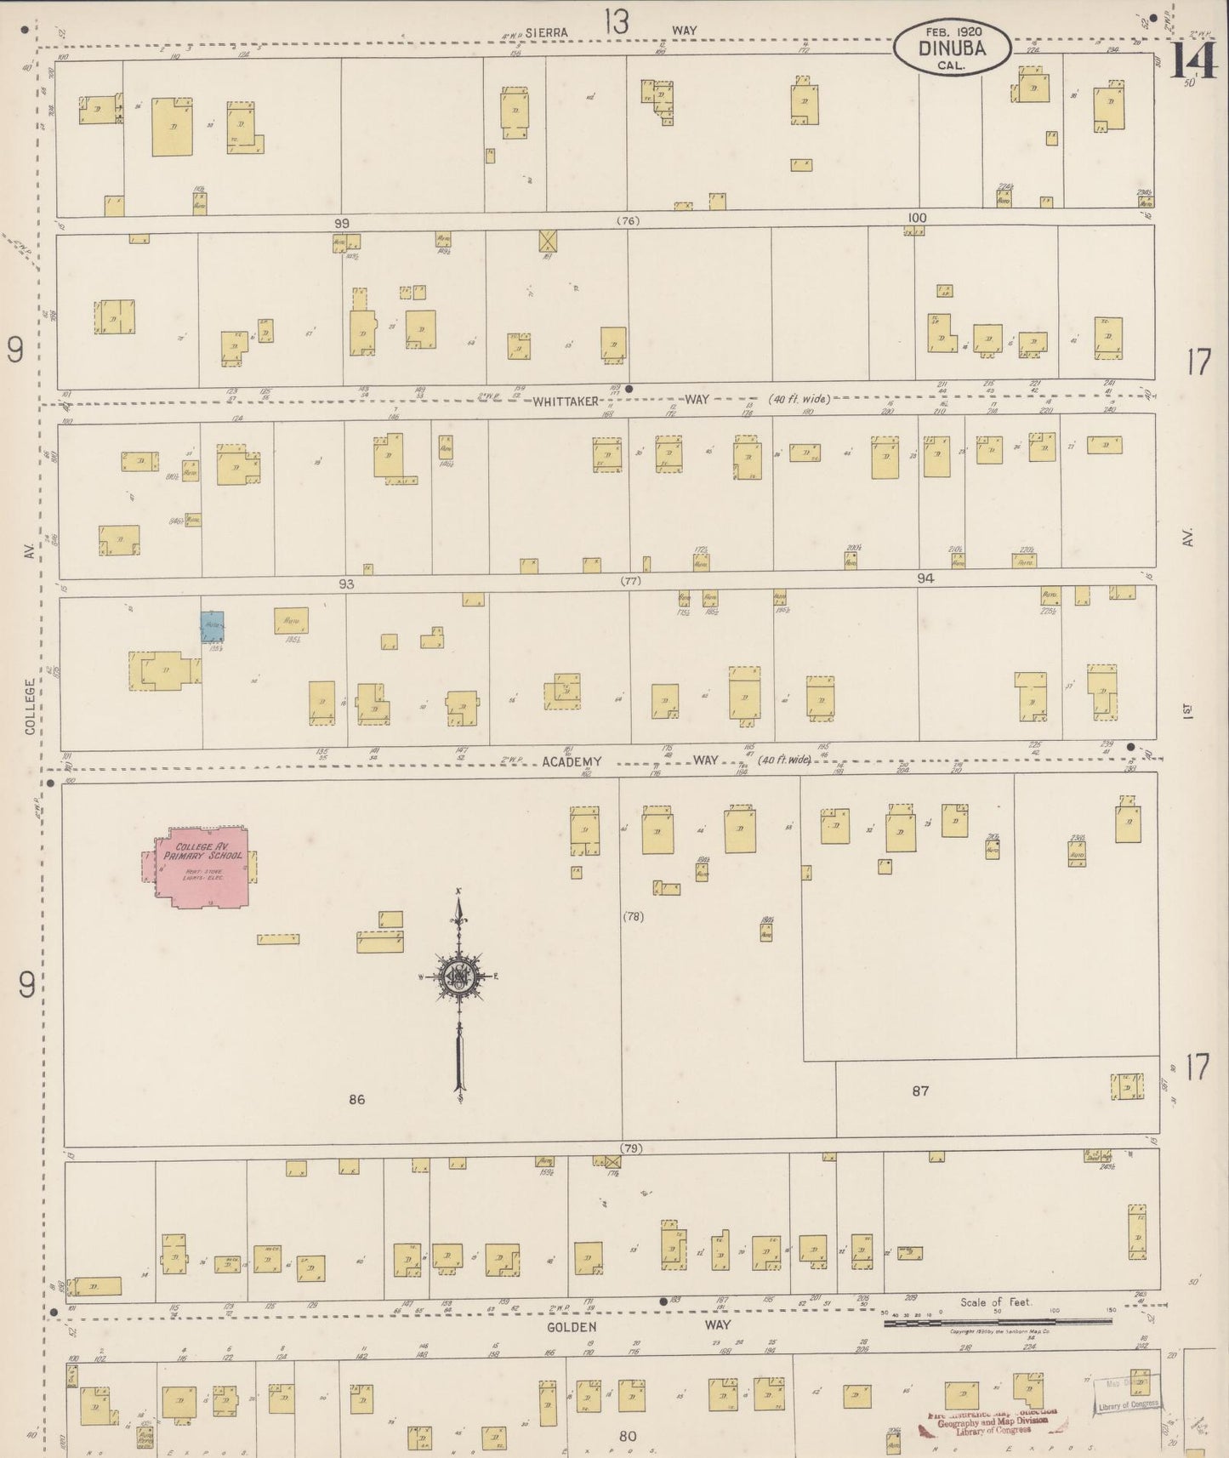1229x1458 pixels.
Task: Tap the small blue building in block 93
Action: click(x=212, y=626)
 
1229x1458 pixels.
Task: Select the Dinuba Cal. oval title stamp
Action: click(x=952, y=48)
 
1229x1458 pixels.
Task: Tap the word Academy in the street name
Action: click(x=570, y=761)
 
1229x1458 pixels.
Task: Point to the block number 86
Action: click(x=356, y=1100)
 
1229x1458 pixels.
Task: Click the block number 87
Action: click(x=920, y=1091)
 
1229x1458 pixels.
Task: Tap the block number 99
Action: click(x=341, y=223)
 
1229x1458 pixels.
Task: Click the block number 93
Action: click(x=345, y=584)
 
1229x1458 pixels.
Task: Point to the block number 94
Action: click(x=925, y=578)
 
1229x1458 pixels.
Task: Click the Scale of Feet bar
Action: click(x=997, y=1322)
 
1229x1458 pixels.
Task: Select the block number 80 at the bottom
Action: click(x=628, y=1437)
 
